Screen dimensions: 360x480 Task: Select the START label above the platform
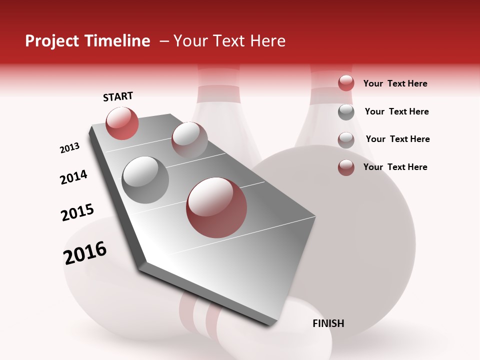click(x=118, y=96)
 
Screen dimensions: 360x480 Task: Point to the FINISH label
click(x=328, y=323)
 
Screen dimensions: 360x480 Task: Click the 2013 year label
click(x=69, y=148)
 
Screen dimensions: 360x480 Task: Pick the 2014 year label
click(x=73, y=177)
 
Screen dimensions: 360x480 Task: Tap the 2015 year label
click(x=77, y=212)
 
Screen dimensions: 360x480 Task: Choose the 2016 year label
click(x=85, y=253)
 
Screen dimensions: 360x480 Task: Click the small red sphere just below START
click(x=122, y=123)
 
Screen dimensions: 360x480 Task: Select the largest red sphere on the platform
click(x=216, y=207)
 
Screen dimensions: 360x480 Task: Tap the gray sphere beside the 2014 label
click(x=145, y=180)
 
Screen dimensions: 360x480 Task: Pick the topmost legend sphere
click(x=346, y=83)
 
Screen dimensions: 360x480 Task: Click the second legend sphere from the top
click(x=346, y=112)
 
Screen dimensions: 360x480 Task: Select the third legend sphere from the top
click(x=346, y=139)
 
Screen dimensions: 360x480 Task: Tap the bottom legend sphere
click(x=346, y=167)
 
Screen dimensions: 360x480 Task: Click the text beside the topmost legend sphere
click(x=395, y=83)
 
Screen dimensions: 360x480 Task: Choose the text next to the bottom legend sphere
click(x=395, y=167)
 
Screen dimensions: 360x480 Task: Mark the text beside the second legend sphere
click(x=396, y=111)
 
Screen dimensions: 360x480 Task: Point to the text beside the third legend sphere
click(x=397, y=139)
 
